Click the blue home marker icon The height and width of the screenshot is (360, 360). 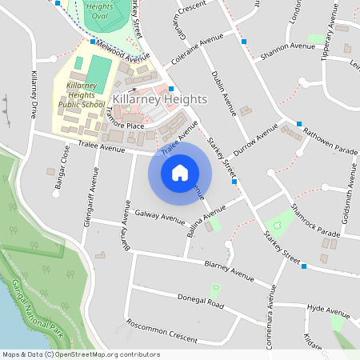(180, 172)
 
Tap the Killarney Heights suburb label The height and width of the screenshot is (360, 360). (160, 98)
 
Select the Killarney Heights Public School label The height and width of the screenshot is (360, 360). (81, 94)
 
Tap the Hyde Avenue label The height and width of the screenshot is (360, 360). (329, 308)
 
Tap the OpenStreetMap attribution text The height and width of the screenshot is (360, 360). (80, 354)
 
